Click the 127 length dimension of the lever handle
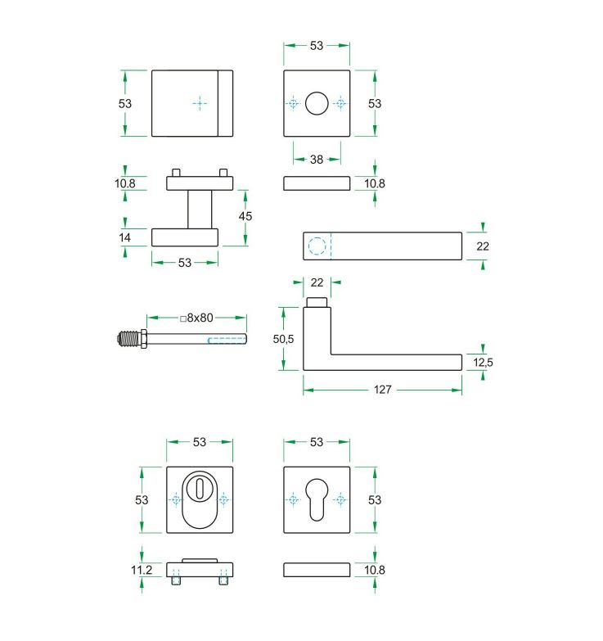[x=382, y=390]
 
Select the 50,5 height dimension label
[x=283, y=338]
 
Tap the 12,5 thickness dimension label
[x=484, y=362]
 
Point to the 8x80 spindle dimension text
[x=196, y=318]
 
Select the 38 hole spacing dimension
[x=317, y=160]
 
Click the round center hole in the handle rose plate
[x=317, y=104]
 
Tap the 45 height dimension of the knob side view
[x=245, y=216]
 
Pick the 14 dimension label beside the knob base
[x=125, y=237]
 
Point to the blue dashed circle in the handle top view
[x=317, y=246]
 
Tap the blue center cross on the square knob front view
[x=200, y=103]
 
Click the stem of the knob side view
[x=200, y=210]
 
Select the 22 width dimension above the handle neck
[x=317, y=282]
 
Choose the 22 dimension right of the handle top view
[x=484, y=246]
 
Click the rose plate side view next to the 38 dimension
[x=317, y=183]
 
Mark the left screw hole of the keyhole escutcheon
[x=293, y=499]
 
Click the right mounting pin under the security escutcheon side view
[x=223, y=580]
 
